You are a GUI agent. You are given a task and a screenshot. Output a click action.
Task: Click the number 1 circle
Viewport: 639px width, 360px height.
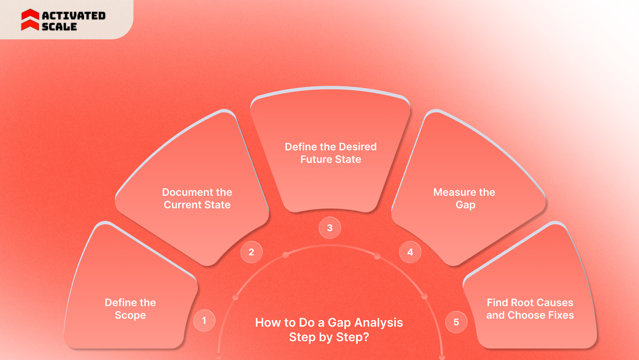[x=204, y=320]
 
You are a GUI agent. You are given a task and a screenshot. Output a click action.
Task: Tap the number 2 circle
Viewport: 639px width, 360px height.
[x=251, y=252]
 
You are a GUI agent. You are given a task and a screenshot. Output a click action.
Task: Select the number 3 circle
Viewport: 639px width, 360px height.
[x=330, y=228]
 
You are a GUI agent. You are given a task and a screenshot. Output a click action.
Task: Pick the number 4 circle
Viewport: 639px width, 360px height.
[x=410, y=252]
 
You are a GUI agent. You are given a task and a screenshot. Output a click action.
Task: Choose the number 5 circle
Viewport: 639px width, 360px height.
[x=456, y=322]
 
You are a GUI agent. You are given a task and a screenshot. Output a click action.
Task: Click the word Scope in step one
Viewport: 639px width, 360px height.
[x=130, y=315]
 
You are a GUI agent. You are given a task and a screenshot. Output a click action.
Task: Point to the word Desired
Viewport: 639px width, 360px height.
[x=358, y=147]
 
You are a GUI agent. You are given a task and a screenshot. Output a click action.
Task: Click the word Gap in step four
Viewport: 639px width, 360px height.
[x=465, y=205]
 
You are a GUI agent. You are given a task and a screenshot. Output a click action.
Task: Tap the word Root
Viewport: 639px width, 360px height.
[x=522, y=302]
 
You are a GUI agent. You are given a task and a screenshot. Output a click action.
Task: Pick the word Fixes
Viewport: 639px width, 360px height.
[x=561, y=315]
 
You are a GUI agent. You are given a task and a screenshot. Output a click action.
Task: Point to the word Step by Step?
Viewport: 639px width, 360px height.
[x=329, y=337]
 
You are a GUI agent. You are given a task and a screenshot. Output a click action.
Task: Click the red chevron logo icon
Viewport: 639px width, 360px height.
[x=30, y=20]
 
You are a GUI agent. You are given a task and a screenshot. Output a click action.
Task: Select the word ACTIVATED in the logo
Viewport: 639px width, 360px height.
[x=74, y=16]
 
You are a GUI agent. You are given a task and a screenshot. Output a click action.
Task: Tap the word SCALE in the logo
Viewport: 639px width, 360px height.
[x=60, y=27]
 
